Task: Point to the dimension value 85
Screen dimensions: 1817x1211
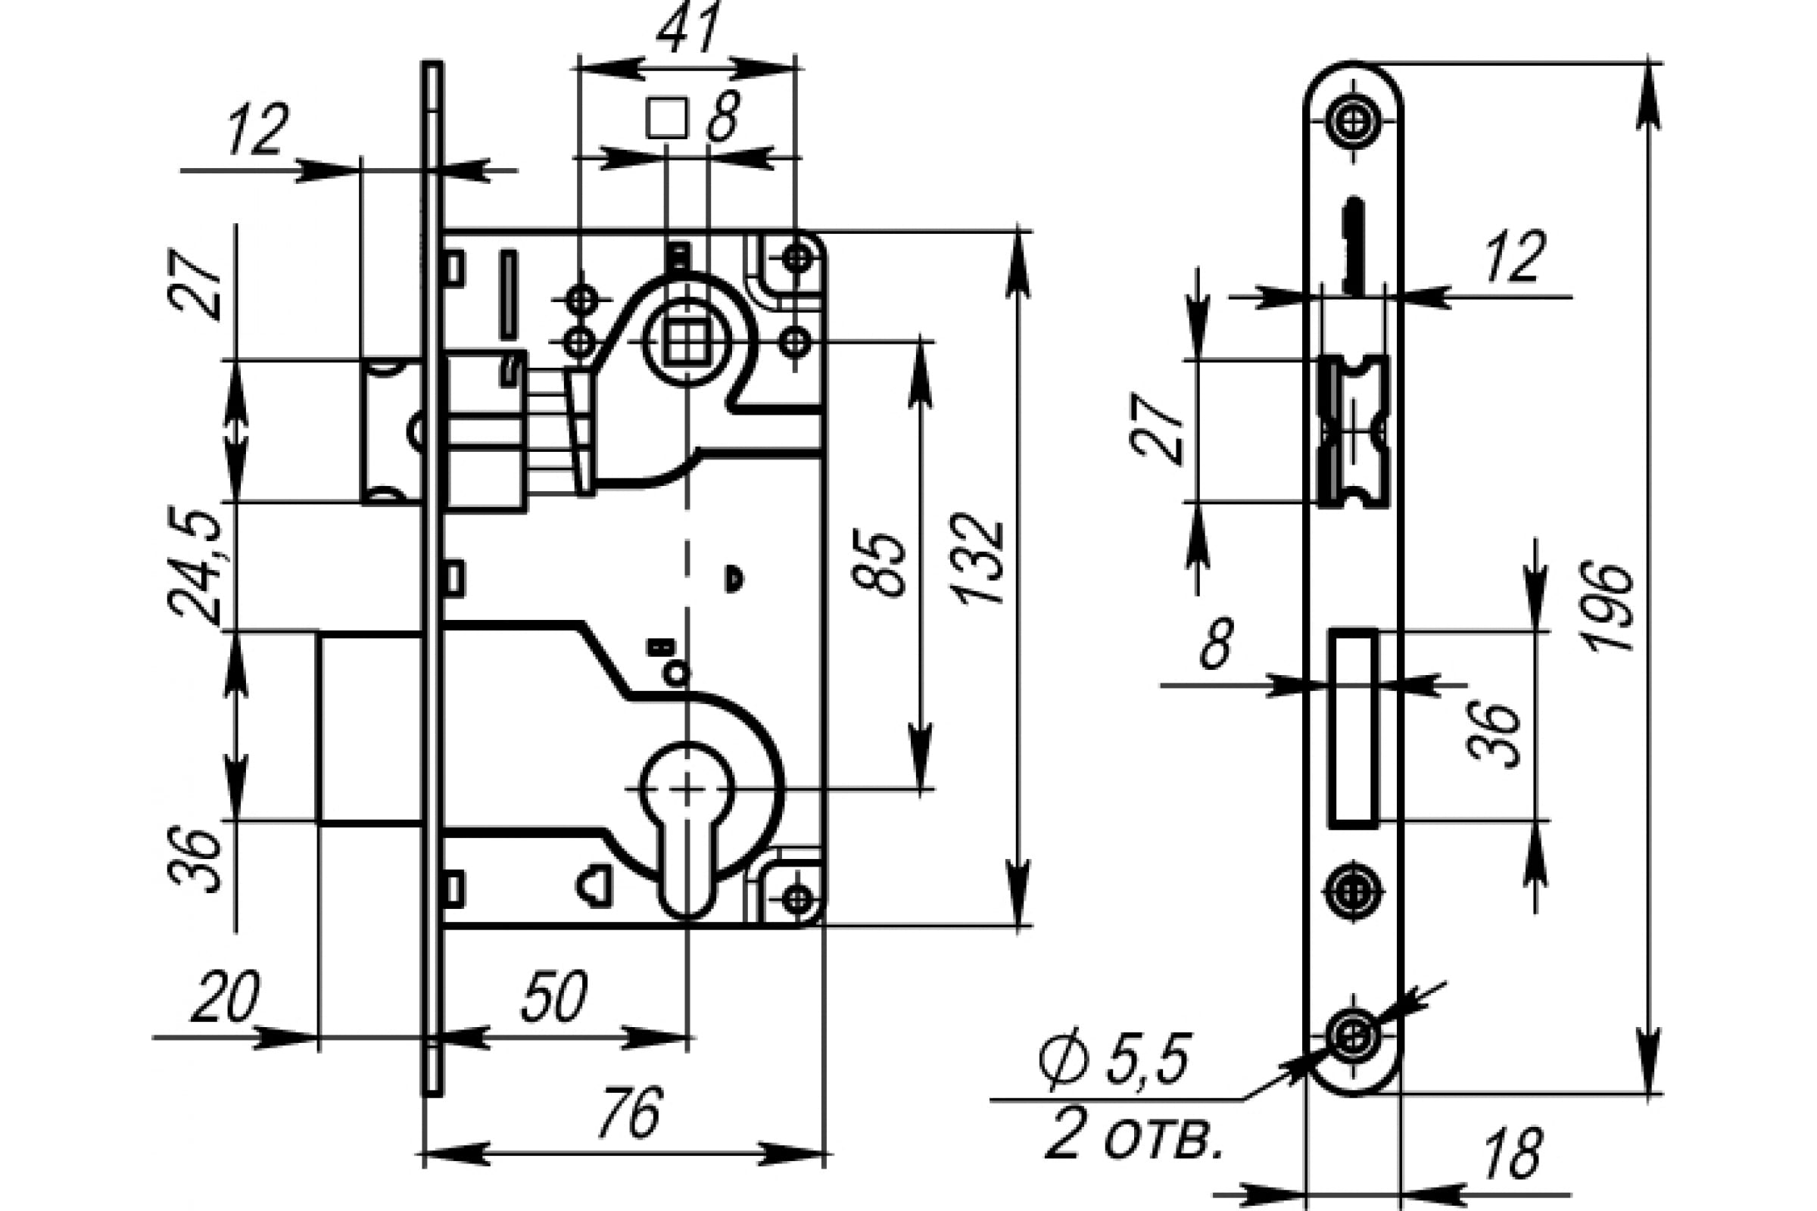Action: tap(878, 564)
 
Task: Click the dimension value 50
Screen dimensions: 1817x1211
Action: tap(554, 995)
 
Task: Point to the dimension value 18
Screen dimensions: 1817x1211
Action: tap(1513, 1153)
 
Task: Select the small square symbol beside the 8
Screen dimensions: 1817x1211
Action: tap(668, 118)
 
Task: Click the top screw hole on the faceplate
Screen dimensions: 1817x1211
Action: tap(1354, 121)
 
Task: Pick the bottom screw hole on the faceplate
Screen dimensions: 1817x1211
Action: tap(1353, 1036)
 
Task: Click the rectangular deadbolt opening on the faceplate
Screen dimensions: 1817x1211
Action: tap(1353, 728)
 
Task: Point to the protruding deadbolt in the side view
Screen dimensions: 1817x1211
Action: tap(369, 727)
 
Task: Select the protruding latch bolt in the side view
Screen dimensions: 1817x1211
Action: tap(391, 431)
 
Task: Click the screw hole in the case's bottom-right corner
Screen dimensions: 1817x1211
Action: tap(796, 898)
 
